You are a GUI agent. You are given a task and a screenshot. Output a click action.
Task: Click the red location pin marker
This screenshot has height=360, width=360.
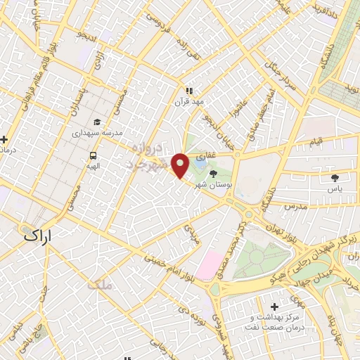[x=181, y=165]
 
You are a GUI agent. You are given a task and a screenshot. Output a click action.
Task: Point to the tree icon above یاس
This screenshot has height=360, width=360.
[x=335, y=178]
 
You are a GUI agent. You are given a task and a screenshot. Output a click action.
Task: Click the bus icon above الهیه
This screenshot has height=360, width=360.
[x=93, y=156]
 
